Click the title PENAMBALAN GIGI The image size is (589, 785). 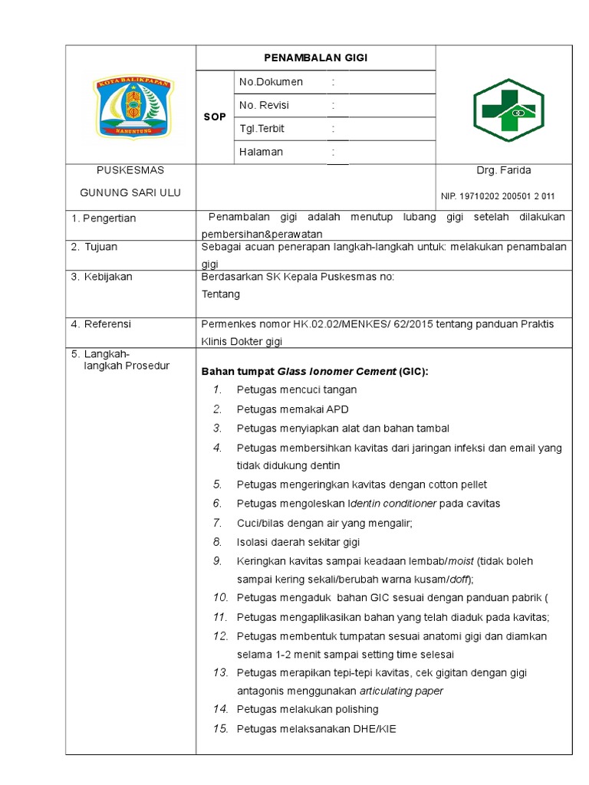click(316, 57)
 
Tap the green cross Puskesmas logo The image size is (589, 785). click(508, 105)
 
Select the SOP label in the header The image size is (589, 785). click(215, 117)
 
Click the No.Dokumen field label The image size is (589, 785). click(271, 82)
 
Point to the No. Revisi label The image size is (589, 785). click(264, 105)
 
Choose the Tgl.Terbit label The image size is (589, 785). click(262, 129)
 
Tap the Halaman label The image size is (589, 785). click(261, 152)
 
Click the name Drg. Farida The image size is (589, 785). click(503, 170)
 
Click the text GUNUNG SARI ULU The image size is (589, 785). click(130, 192)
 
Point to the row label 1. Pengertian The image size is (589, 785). click(104, 218)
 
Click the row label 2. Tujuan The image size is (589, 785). click(94, 248)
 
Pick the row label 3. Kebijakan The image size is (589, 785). click(101, 277)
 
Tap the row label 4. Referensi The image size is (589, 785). click(101, 324)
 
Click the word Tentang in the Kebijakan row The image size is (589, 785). click(220, 294)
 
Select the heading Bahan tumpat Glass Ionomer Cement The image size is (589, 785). click(314, 372)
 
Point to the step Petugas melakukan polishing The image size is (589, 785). click(308, 709)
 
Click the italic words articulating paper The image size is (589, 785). click(401, 691)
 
